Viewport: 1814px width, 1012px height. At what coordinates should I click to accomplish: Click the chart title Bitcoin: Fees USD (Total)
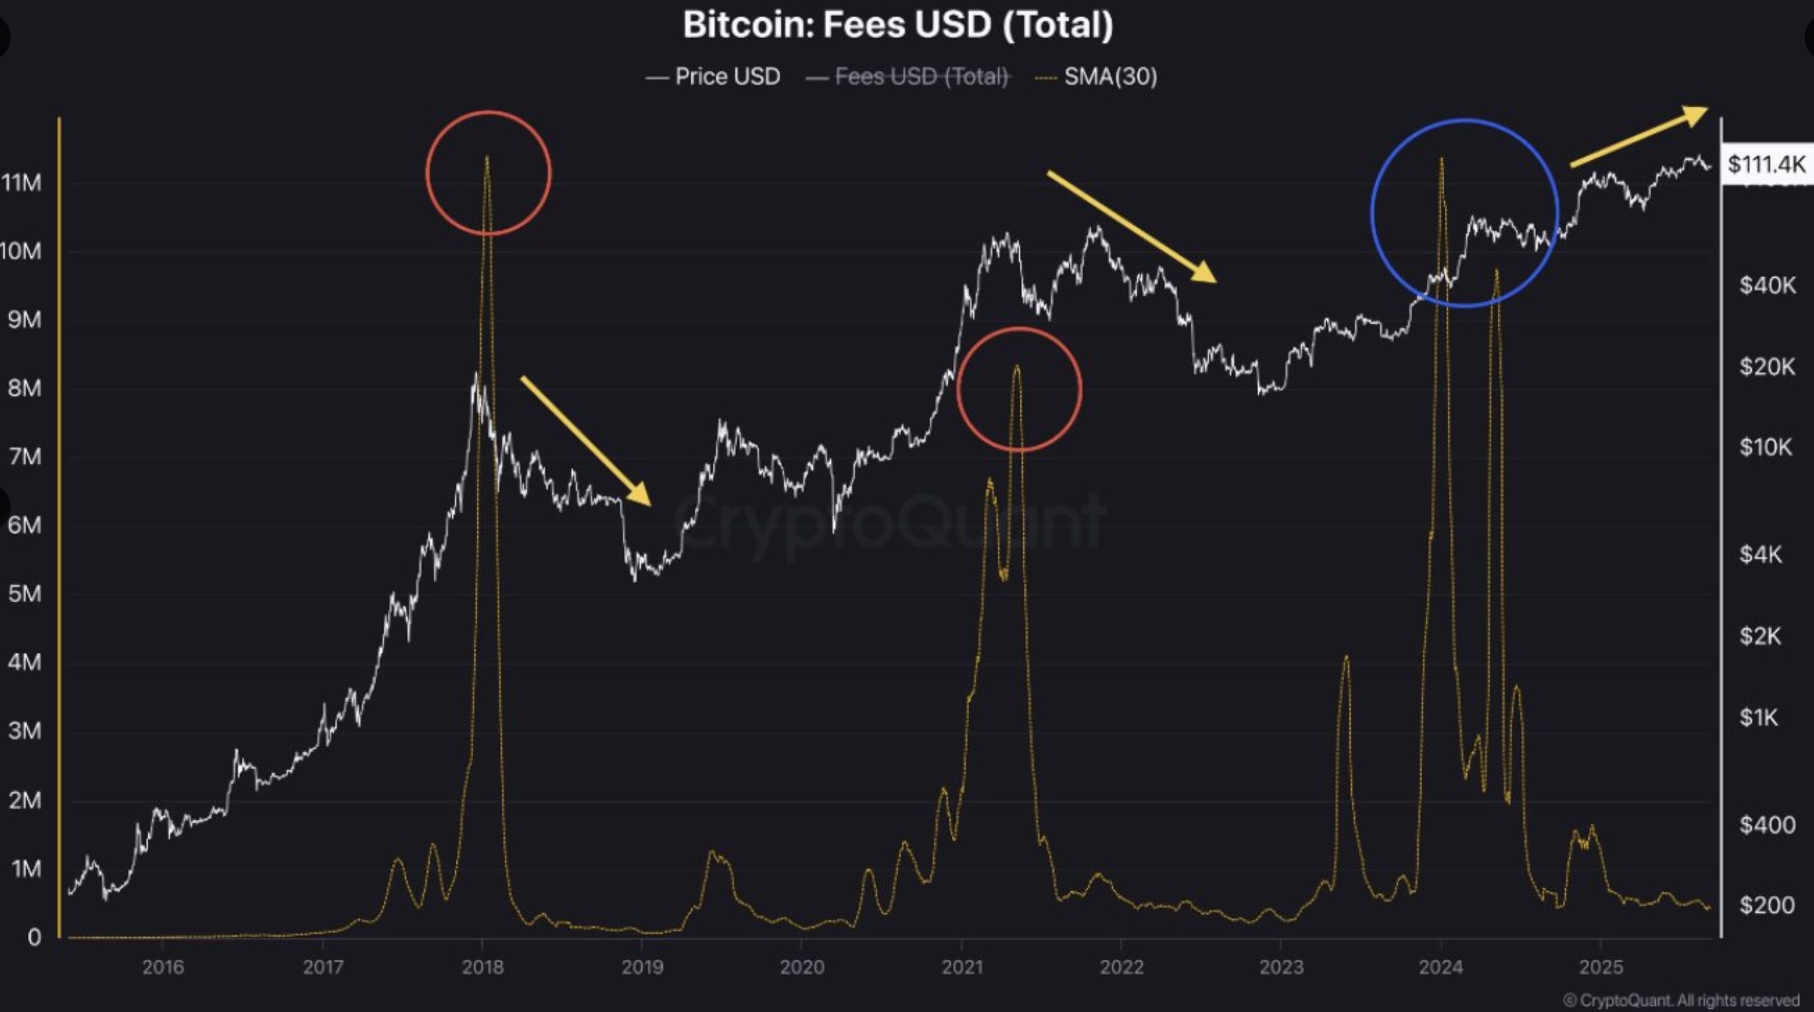click(x=898, y=25)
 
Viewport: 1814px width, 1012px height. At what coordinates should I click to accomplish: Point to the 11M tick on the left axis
click(x=23, y=183)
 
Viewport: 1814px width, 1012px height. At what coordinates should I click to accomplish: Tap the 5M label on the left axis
click(x=25, y=593)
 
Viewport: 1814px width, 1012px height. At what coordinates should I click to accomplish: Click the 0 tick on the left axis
click(x=34, y=937)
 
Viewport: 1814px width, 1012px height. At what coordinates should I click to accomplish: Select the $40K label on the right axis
click(x=1767, y=285)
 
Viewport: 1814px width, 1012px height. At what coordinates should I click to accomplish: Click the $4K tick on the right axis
click(x=1761, y=555)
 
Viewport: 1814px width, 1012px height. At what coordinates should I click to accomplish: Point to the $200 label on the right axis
click(x=1767, y=905)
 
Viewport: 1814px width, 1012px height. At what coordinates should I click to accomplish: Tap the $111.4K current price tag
click(x=1766, y=165)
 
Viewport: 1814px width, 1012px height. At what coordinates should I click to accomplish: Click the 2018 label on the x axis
click(x=483, y=967)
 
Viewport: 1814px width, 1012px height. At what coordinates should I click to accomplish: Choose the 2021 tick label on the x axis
click(x=962, y=967)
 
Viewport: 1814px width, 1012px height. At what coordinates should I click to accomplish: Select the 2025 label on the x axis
click(x=1600, y=967)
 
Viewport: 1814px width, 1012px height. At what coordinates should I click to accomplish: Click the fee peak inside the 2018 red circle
click(x=487, y=158)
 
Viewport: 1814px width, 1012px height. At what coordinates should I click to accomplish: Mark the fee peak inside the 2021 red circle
click(x=1016, y=366)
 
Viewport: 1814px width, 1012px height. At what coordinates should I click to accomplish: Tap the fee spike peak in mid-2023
click(x=1345, y=658)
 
